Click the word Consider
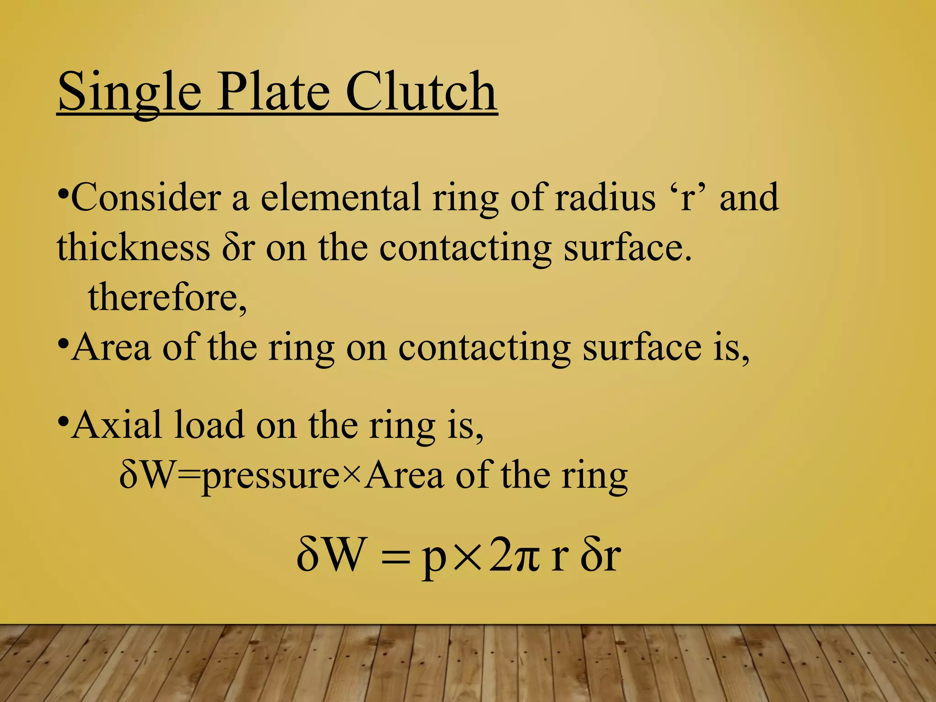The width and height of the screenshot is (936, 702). [x=146, y=197]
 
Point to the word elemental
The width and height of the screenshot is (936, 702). [x=340, y=197]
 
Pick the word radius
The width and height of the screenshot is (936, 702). [x=605, y=197]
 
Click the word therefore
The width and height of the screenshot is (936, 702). [x=167, y=297]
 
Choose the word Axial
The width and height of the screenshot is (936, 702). [x=117, y=425]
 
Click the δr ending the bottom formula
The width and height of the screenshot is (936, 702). [x=601, y=555]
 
